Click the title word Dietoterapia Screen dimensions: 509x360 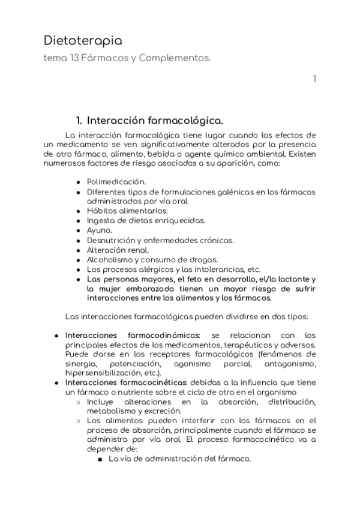pos(83,41)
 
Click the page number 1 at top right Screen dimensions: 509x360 pos(314,79)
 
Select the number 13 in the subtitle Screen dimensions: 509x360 pos(74,59)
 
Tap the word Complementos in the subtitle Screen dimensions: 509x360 pos(178,59)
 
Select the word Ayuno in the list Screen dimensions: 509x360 pos(99,230)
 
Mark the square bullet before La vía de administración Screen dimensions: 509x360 pos(100,459)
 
